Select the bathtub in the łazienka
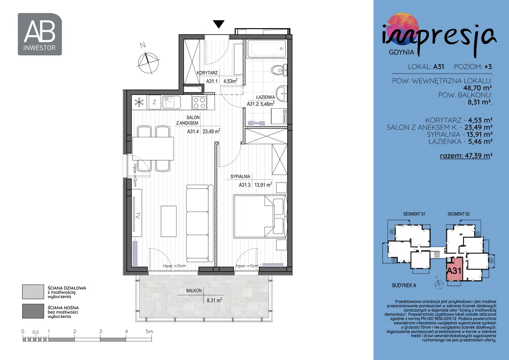tap(266, 49)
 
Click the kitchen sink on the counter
tap(171, 102)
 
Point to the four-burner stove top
tap(199, 103)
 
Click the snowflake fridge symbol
tap(139, 103)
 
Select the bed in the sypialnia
tap(260, 216)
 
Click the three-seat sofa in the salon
tap(200, 223)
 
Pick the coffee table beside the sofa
tap(169, 221)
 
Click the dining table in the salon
tap(153, 148)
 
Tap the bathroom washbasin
tap(282, 93)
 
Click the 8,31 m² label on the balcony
tap(214, 300)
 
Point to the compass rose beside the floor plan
tap(148, 61)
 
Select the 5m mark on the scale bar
tap(149, 331)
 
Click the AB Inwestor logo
tap(40, 34)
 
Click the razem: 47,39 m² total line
tap(466, 156)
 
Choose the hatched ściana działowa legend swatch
tap(33, 292)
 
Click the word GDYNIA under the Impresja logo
tap(401, 52)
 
